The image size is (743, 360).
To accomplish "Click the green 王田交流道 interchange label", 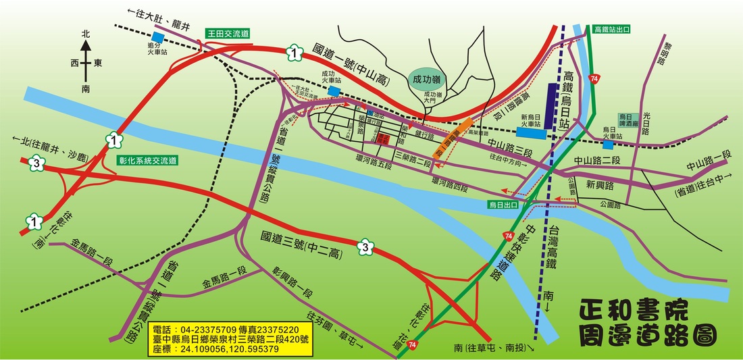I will coord(228,32).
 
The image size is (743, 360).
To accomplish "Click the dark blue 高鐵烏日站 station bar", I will coord(552,108).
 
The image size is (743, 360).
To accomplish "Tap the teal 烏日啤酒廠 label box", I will coord(629,120).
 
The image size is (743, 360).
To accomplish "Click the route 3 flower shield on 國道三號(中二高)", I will coord(365,247).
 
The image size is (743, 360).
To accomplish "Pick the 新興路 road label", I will coord(599,184).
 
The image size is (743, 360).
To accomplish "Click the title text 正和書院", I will coord(634,311).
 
